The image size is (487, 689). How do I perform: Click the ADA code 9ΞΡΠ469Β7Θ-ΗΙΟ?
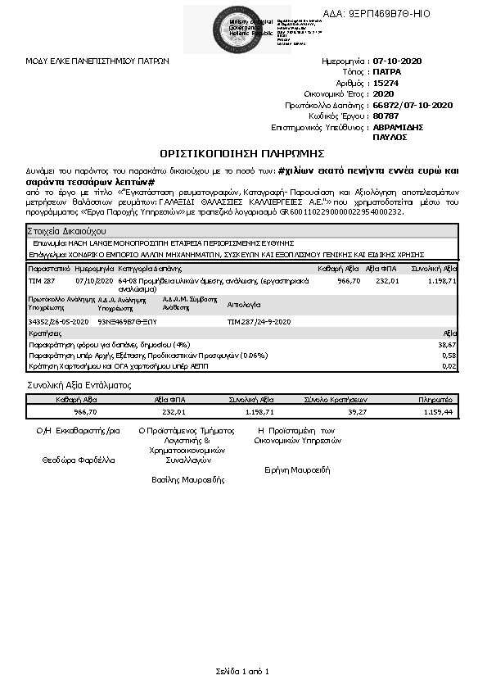pyautogui.click(x=388, y=14)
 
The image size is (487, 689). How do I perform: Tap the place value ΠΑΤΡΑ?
pyautogui.click(x=387, y=72)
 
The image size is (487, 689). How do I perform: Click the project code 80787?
pyautogui.click(x=386, y=116)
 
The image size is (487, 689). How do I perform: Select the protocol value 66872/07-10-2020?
pyautogui.click(x=412, y=105)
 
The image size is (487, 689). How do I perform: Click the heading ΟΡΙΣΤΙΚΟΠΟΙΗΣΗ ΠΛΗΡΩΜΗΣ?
pyautogui.click(x=242, y=153)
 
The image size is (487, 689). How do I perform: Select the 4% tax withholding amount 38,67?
pyautogui.click(x=448, y=346)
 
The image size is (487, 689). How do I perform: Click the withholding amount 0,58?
pyautogui.click(x=449, y=356)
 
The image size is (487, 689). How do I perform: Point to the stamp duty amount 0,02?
pyautogui.click(x=449, y=366)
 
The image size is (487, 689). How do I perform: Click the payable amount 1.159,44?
pyautogui.click(x=438, y=411)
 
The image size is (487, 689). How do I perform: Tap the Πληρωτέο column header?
pyautogui.click(x=435, y=400)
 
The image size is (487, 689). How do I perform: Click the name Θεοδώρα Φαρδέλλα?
pyautogui.click(x=79, y=460)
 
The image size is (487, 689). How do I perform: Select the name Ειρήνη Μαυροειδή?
pyautogui.click(x=296, y=470)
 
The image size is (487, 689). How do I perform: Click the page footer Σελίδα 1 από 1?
pyautogui.click(x=242, y=672)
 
